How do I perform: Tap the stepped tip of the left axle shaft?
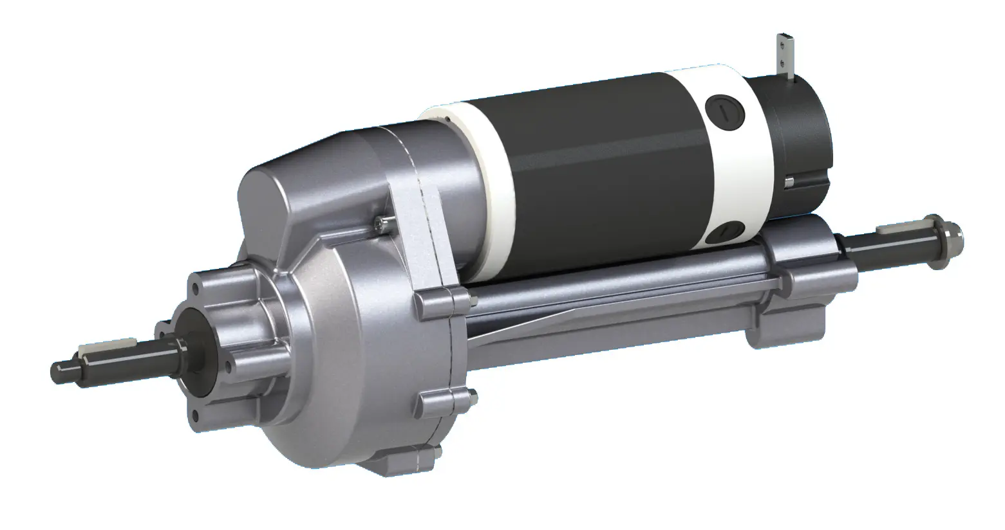point(61,372)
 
